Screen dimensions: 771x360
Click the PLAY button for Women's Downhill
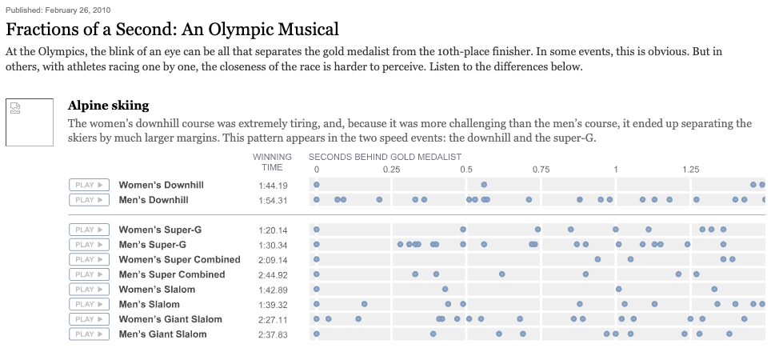[89, 185]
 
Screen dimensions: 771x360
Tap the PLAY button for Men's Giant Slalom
[89, 334]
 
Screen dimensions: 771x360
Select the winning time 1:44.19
[273, 186]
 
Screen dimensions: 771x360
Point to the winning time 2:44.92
[273, 275]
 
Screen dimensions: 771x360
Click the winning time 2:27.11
[273, 320]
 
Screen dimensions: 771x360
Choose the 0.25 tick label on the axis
[391, 170]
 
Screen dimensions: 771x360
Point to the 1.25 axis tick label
[690, 170]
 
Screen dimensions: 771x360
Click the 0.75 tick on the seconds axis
[541, 170]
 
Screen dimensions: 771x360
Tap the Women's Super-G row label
[160, 230]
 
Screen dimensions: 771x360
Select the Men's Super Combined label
[172, 274]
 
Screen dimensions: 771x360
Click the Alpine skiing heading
[108, 106]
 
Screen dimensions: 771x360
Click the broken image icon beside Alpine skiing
[15, 108]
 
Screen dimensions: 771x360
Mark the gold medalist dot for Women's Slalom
[316, 289]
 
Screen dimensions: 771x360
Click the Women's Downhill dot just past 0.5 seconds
[484, 185]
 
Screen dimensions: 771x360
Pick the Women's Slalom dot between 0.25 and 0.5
[445, 289]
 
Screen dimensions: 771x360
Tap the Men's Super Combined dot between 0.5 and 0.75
[501, 274]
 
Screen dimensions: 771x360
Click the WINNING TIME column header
[272, 162]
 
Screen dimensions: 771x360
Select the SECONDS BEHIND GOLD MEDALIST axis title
[385, 157]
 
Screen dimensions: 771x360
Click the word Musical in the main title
[308, 30]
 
